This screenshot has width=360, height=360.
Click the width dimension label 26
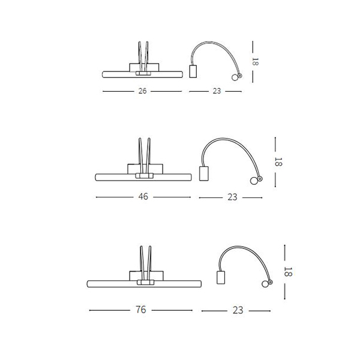pyautogui.click(x=142, y=91)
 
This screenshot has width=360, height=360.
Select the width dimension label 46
pyautogui.click(x=143, y=197)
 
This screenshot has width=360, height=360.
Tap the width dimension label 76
pyautogui.click(x=141, y=310)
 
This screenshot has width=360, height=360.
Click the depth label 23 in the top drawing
pyautogui.click(x=217, y=91)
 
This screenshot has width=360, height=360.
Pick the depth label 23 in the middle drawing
pyautogui.click(x=232, y=197)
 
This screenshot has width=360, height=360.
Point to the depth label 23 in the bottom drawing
pyautogui.click(x=238, y=310)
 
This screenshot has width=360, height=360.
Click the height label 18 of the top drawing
pyautogui.click(x=255, y=62)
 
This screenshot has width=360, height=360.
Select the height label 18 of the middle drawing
pyautogui.click(x=278, y=162)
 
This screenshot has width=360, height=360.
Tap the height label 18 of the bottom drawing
pyautogui.click(x=287, y=272)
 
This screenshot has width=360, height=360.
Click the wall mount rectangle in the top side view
pyautogui.click(x=193, y=71)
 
